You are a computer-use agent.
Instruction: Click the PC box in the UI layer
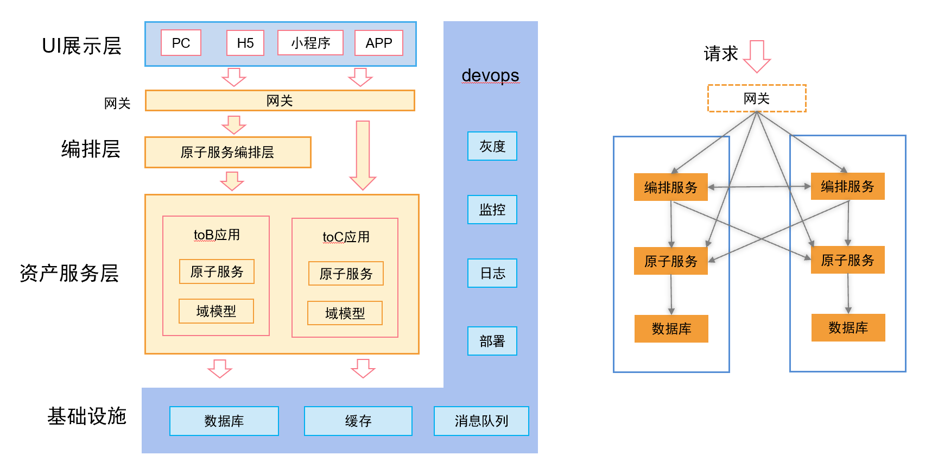tap(181, 43)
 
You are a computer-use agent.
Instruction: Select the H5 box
tap(245, 43)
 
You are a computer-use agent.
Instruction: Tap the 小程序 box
tap(310, 43)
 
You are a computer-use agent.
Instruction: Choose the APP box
tap(378, 43)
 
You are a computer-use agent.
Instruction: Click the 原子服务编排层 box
tap(227, 152)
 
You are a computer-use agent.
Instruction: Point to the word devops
tap(490, 75)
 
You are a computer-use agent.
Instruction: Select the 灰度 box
tap(492, 146)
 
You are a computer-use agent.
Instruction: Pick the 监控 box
tap(492, 210)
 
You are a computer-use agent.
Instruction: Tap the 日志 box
tap(492, 273)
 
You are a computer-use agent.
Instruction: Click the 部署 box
tap(492, 341)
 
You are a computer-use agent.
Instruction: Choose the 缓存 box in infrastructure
tap(358, 421)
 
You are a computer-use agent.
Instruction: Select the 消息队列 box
tap(481, 421)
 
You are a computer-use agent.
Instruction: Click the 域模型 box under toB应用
tap(216, 311)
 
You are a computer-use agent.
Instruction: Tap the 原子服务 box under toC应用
tap(346, 274)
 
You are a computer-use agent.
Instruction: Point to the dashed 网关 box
tap(757, 98)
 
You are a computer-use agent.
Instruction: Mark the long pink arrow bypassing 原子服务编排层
tap(363, 155)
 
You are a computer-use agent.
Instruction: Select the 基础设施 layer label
tap(87, 416)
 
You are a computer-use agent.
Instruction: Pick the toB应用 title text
tap(217, 235)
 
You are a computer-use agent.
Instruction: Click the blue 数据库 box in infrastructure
tap(224, 421)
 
